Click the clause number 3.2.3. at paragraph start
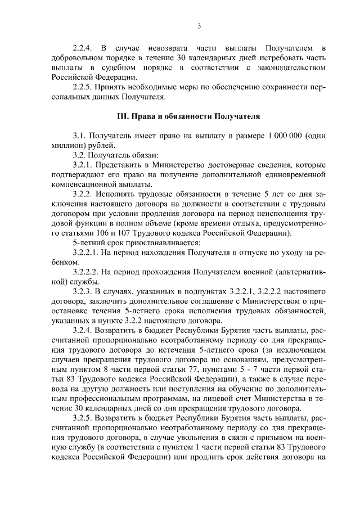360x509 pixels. click(84, 291)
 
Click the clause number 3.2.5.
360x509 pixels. click(84, 417)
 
